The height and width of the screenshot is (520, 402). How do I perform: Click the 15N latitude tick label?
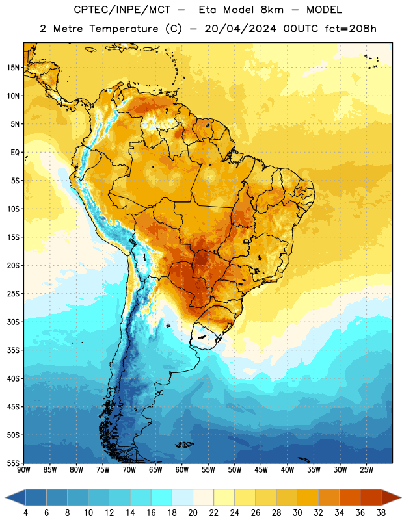(13, 68)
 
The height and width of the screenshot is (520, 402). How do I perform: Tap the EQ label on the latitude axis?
(15, 153)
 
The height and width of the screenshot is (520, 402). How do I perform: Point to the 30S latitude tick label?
(13, 322)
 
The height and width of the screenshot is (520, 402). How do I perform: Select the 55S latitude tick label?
(13, 463)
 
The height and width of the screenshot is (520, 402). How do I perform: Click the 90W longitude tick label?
(23, 469)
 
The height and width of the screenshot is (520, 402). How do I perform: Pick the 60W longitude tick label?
(182, 469)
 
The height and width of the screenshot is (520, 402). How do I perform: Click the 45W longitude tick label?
(261, 469)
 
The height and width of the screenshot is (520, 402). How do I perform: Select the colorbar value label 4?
(25, 513)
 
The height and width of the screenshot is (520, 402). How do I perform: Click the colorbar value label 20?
(193, 513)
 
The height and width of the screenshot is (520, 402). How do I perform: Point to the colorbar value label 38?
(381, 513)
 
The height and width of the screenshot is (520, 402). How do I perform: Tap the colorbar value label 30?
(297, 513)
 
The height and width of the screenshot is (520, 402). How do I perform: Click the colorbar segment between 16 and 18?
(162, 497)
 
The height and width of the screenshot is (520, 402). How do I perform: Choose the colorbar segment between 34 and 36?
(350, 497)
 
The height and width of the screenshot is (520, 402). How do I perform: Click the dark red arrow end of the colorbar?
(391, 497)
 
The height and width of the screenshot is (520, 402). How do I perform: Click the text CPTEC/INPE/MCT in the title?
(122, 10)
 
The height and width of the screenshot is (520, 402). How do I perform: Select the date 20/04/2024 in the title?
(240, 29)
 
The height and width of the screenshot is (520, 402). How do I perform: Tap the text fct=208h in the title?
(351, 29)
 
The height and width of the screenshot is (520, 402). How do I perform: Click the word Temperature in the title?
(124, 29)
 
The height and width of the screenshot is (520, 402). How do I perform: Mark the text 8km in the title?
(272, 10)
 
